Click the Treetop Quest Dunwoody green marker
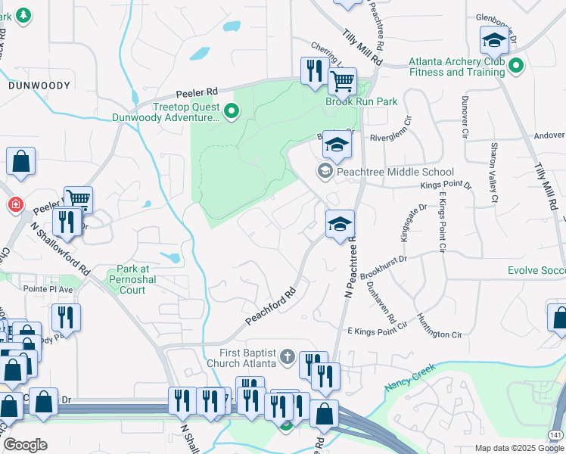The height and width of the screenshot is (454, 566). pyautogui.click(x=232, y=113)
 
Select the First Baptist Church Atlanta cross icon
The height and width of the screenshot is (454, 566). pyautogui.click(x=287, y=356)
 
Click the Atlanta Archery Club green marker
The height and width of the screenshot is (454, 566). pyautogui.click(x=516, y=67)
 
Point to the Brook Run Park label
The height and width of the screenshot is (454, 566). pyautogui.click(x=362, y=101)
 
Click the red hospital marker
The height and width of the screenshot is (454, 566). pyautogui.click(x=15, y=205)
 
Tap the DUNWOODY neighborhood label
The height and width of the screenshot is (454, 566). pyautogui.click(x=39, y=86)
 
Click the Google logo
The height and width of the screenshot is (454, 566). pyautogui.click(x=24, y=445)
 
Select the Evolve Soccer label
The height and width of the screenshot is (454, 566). pyautogui.click(x=536, y=270)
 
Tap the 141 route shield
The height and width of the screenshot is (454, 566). pyautogui.click(x=556, y=435)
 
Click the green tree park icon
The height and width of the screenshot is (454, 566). pyautogui.click(x=23, y=14)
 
